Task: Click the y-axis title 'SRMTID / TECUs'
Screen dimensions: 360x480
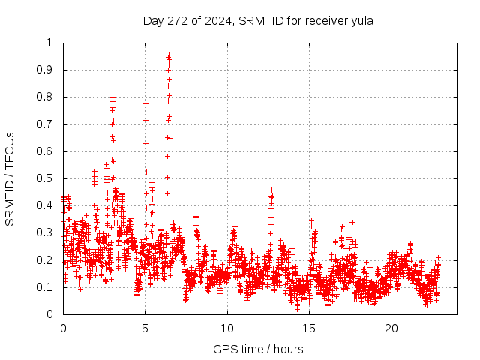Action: (x=10, y=178)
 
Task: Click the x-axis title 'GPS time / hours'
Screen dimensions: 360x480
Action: (x=258, y=349)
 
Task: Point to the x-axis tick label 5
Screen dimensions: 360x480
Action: (x=145, y=328)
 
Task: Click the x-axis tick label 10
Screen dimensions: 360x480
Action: (x=227, y=328)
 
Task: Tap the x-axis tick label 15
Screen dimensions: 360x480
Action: (x=309, y=328)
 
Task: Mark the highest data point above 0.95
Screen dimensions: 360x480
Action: (x=169, y=55)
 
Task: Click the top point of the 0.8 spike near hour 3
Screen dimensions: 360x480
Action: (x=112, y=97)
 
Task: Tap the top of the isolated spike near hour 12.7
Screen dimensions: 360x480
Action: (x=271, y=190)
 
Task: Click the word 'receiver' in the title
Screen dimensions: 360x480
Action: (x=323, y=20)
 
